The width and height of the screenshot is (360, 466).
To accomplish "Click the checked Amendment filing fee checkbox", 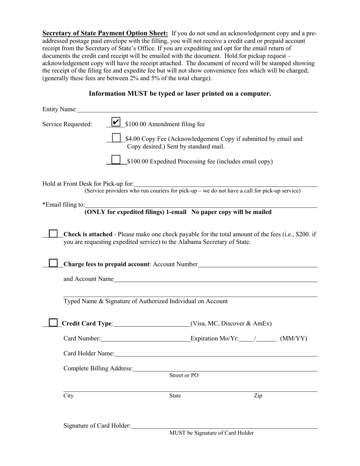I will coord(116,122).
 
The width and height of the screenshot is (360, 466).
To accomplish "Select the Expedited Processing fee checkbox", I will coord(116,160).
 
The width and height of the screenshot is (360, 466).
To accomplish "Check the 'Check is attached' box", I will coord(53,233).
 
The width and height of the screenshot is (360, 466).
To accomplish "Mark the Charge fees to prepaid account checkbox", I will coord(53,263).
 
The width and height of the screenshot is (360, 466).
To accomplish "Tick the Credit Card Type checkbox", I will coord(53,322).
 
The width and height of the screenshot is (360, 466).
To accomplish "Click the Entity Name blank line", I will coord(197,110).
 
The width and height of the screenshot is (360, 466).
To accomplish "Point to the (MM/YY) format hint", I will coord(293,339).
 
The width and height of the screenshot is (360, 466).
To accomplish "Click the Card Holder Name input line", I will coord(216,354).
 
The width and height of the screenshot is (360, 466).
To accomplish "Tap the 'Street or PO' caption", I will coord(184,375).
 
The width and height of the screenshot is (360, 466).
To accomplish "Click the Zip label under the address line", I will coord(258,396).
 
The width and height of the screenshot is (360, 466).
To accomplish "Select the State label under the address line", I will coord(175,396).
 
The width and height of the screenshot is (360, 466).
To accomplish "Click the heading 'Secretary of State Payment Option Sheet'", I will coord(105,33).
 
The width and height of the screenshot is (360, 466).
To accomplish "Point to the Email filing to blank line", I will coord(201,205).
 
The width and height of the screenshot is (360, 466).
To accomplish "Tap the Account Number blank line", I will coord(257,265).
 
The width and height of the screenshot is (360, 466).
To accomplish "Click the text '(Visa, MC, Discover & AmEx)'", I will coord(231,324).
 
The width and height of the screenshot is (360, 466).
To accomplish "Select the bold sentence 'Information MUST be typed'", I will coord(180,94).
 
